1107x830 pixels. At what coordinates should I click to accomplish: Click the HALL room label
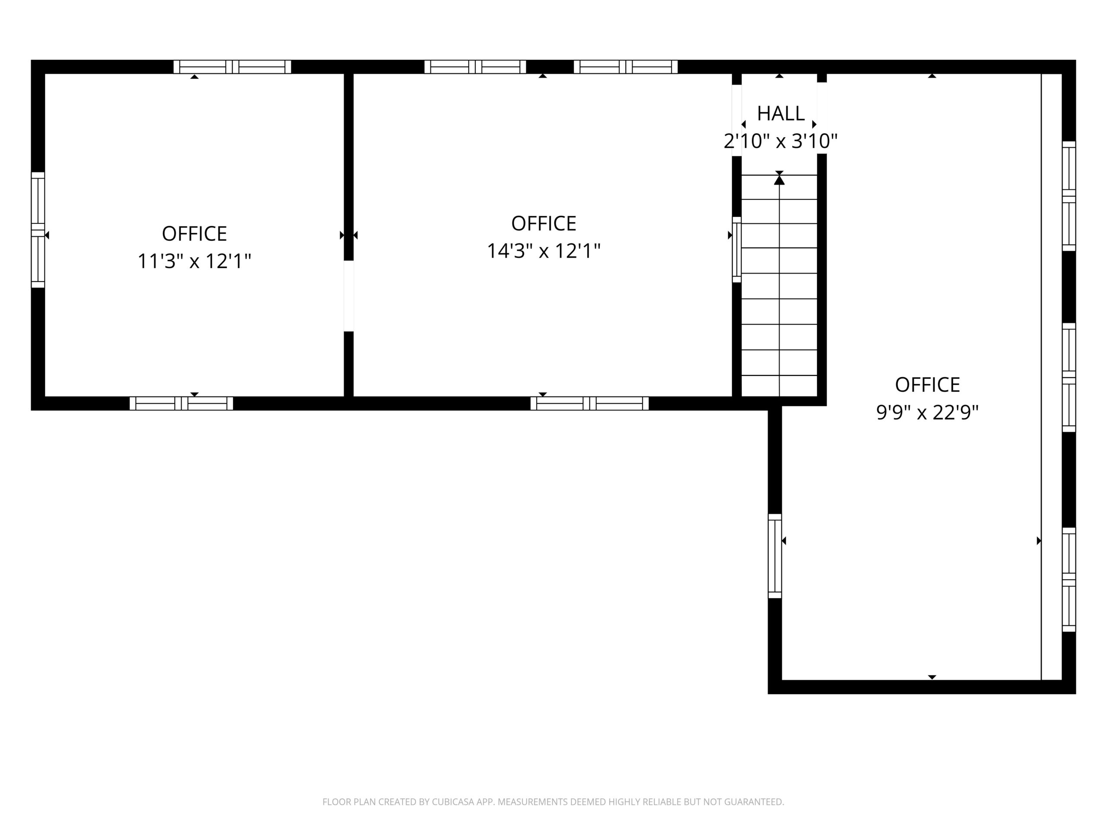pyautogui.click(x=780, y=114)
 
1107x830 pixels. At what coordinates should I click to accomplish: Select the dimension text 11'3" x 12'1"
pyautogui.click(x=194, y=261)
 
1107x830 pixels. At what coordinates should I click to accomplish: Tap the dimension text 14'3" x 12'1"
pyautogui.click(x=544, y=251)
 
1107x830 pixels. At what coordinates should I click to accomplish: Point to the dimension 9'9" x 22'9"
pyautogui.click(x=927, y=413)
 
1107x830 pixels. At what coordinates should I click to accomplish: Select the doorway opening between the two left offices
pyautogui.click(x=349, y=296)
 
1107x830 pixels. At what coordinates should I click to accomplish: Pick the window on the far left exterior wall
pyautogui.click(x=38, y=230)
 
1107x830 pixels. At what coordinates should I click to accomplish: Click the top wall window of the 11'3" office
pyautogui.click(x=232, y=67)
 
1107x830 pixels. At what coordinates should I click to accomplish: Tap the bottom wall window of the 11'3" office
pyautogui.click(x=181, y=403)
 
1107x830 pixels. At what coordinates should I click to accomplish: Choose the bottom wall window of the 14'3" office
pyautogui.click(x=589, y=403)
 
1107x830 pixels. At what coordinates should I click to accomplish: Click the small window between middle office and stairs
pyautogui.click(x=737, y=250)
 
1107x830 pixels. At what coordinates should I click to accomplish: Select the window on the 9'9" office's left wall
pyautogui.click(x=775, y=556)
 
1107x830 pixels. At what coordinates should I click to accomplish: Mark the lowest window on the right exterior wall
pyautogui.click(x=1069, y=579)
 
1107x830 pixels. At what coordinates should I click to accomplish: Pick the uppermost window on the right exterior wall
pyautogui.click(x=1069, y=196)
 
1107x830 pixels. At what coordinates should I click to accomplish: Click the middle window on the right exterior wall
pyautogui.click(x=1069, y=377)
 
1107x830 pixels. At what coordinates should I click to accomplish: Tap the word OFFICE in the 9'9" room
pyautogui.click(x=927, y=385)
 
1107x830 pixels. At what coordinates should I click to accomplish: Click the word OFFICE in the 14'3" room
pyautogui.click(x=544, y=223)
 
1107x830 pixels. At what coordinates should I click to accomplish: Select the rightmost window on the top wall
pyautogui.click(x=626, y=67)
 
